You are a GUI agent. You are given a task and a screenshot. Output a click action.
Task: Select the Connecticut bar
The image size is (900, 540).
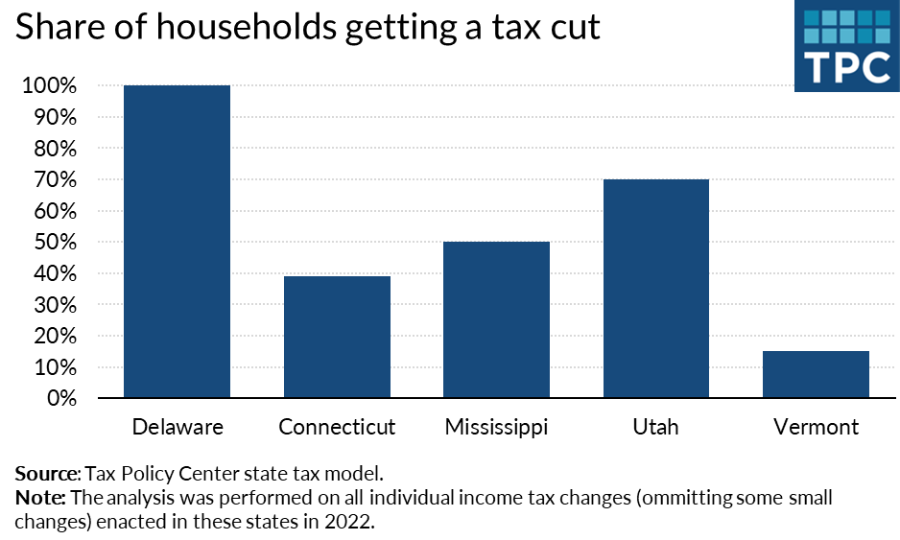(337, 337)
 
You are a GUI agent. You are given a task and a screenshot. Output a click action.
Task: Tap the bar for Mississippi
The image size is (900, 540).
(496, 319)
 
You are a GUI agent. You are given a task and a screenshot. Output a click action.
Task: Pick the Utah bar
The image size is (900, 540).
(655, 288)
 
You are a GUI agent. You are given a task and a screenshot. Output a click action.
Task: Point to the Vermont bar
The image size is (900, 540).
(816, 374)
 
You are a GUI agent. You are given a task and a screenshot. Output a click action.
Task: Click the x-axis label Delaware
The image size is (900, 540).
(178, 427)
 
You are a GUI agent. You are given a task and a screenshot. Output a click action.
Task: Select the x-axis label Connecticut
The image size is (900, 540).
(337, 427)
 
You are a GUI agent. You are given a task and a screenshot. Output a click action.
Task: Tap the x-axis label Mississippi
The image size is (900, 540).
(496, 428)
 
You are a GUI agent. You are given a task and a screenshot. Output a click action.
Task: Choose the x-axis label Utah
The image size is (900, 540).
(655, 427)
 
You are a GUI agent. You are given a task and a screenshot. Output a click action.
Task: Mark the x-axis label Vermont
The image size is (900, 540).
(816, 427)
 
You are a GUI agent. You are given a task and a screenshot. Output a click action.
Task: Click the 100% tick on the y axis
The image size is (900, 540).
(47, 86)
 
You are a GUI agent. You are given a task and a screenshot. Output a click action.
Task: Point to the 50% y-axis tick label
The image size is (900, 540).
(52, 243)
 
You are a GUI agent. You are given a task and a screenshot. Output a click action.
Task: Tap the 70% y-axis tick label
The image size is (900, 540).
(52, 180)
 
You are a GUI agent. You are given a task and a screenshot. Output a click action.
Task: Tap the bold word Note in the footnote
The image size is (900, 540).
(39, 498)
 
